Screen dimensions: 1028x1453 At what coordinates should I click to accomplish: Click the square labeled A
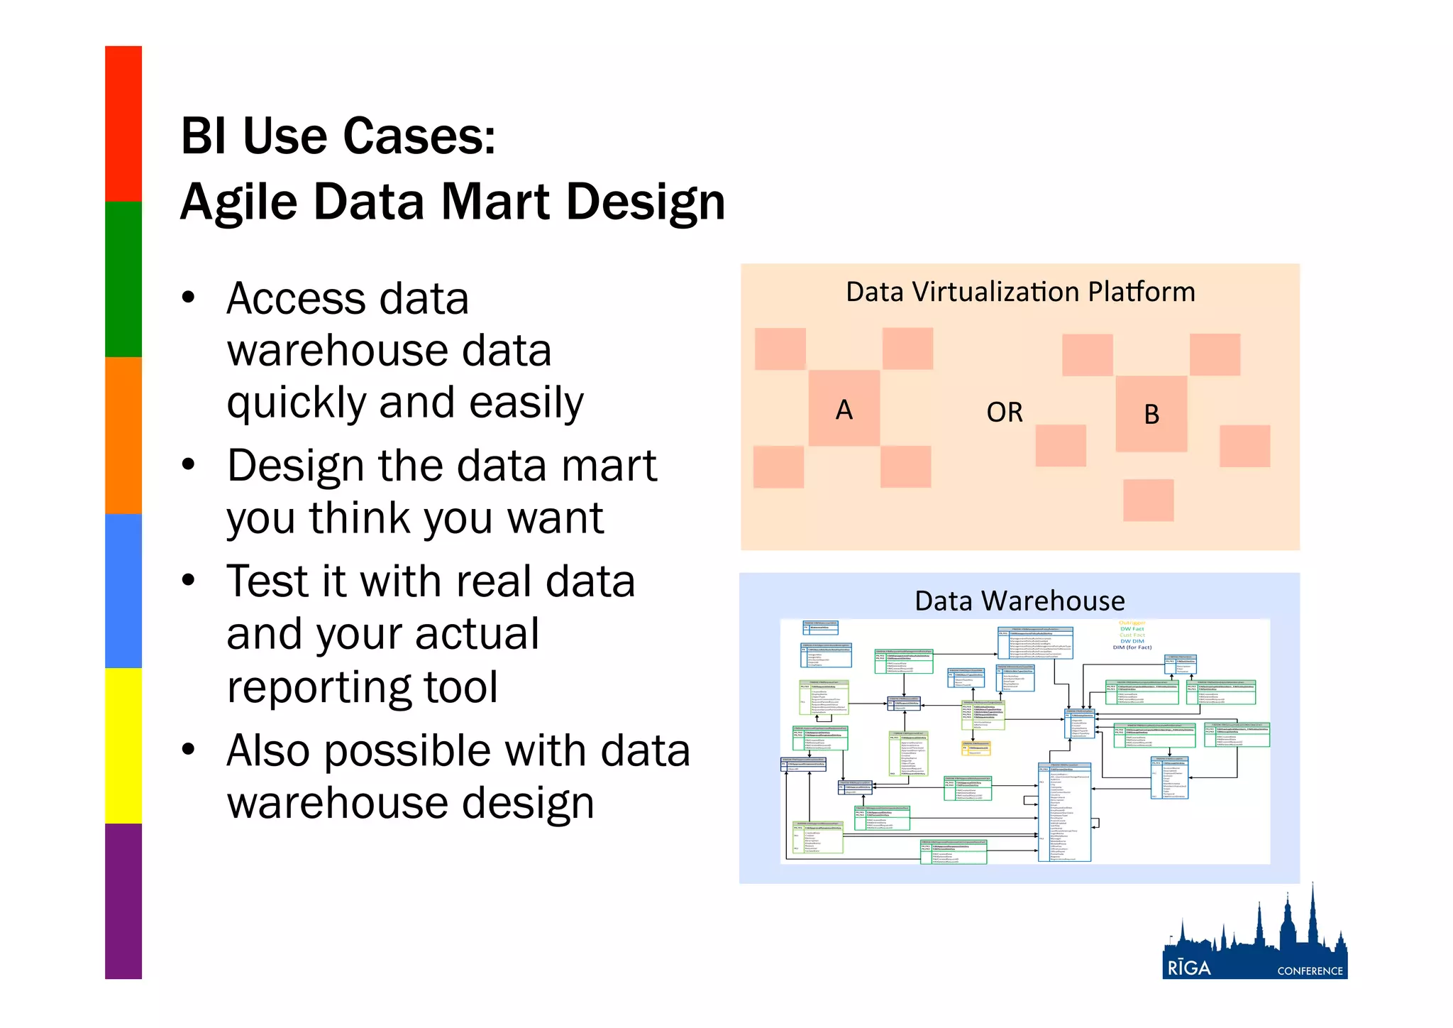(844, 408)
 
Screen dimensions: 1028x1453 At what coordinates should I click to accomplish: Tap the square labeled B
(1151, 414)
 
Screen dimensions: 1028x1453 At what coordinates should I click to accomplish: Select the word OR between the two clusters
(1005, 412)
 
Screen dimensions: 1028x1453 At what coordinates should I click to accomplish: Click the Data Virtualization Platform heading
(1020, 292)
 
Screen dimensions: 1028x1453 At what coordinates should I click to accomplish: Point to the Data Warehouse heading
(1020, 601)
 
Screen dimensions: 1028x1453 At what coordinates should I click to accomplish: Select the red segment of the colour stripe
(123, 124)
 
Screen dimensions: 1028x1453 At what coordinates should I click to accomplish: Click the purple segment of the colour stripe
(123, 902)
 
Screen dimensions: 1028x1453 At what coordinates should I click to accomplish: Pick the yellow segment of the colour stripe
(123, 745)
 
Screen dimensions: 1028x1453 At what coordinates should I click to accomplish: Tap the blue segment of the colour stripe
(123, 591)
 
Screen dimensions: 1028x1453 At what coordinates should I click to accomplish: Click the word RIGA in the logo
(1189, 968)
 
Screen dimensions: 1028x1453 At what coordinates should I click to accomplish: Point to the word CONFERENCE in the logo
(1310, 970)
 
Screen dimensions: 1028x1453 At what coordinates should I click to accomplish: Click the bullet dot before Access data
(188, 297)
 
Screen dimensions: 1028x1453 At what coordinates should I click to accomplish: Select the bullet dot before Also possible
(188, 750)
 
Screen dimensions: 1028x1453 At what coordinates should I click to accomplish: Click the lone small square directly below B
(1148, 500)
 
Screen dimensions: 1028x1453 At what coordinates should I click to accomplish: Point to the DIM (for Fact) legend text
(1132, 647)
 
